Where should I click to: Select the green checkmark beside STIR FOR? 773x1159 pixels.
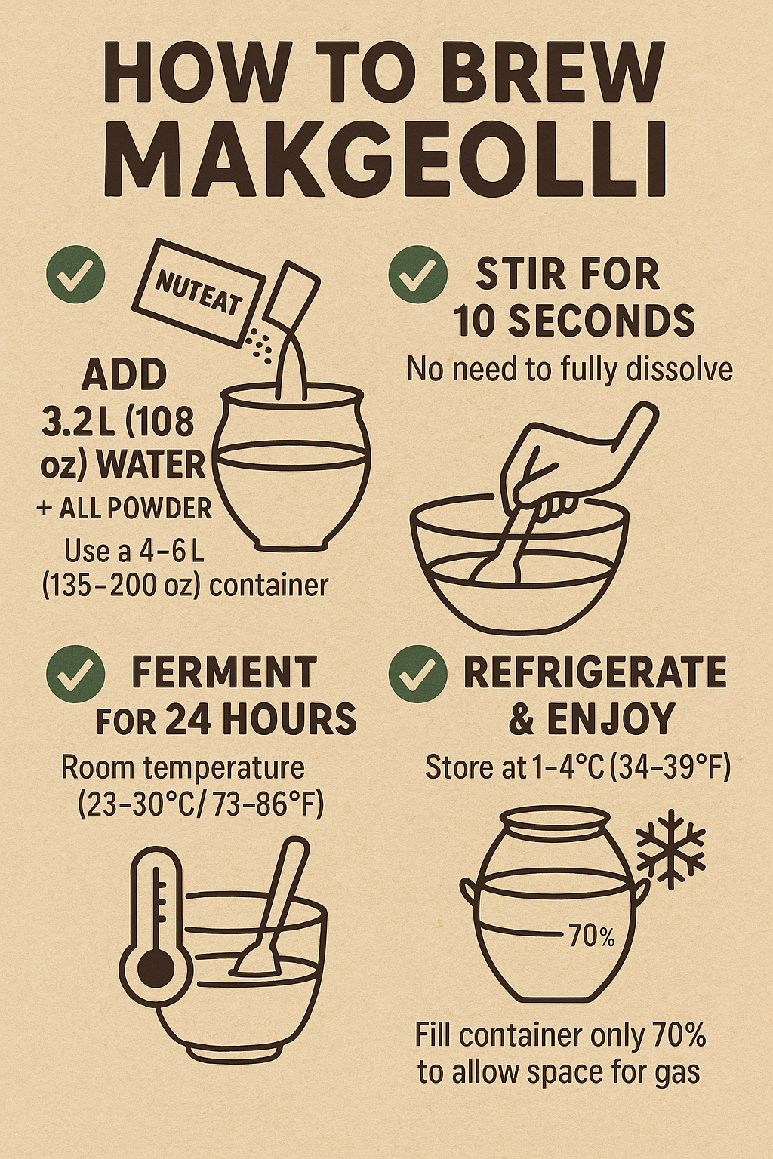click(x=417, y=274)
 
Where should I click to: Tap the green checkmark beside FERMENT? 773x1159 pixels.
click(x=75, y=677)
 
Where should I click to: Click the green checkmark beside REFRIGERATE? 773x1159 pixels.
click(x=417, y=677)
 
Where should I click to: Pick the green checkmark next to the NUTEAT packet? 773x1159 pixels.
click(x=75, y=274)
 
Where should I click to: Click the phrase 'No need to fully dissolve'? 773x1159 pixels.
click(x=570, y=370)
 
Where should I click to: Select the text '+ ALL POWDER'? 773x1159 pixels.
click(x=124, y=510)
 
